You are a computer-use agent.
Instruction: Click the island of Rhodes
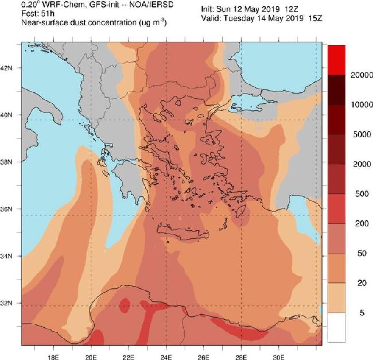pyautogui.click(x=243, y=210)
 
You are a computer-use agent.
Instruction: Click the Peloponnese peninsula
pyautogui.click(x=125, y=178)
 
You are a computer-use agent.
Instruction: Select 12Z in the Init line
pyautogui.click(x=297, y=8)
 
